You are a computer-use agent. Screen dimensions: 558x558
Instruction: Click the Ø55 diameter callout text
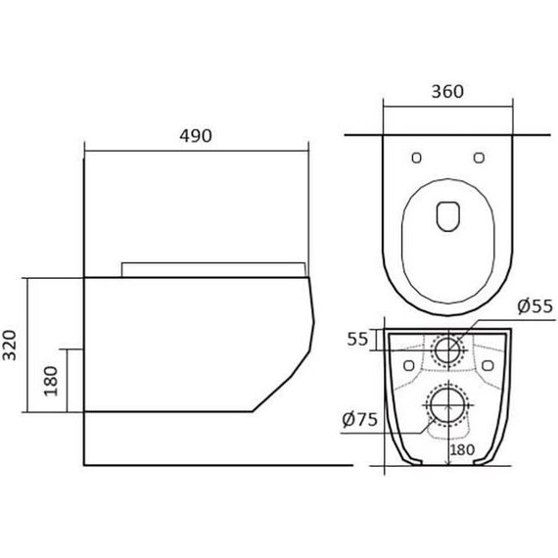click(x=534, y=306)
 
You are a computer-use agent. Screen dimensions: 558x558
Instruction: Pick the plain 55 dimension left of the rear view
click(x=358, y=341)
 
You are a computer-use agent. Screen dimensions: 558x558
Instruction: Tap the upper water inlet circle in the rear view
click(x=448, y=349)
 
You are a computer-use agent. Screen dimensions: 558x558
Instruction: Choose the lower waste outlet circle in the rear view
click(x=447, y=403)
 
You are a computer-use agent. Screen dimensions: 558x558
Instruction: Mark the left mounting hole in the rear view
click(x=407, y=365)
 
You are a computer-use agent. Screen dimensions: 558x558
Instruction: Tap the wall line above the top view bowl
click(x=446, y=131)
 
